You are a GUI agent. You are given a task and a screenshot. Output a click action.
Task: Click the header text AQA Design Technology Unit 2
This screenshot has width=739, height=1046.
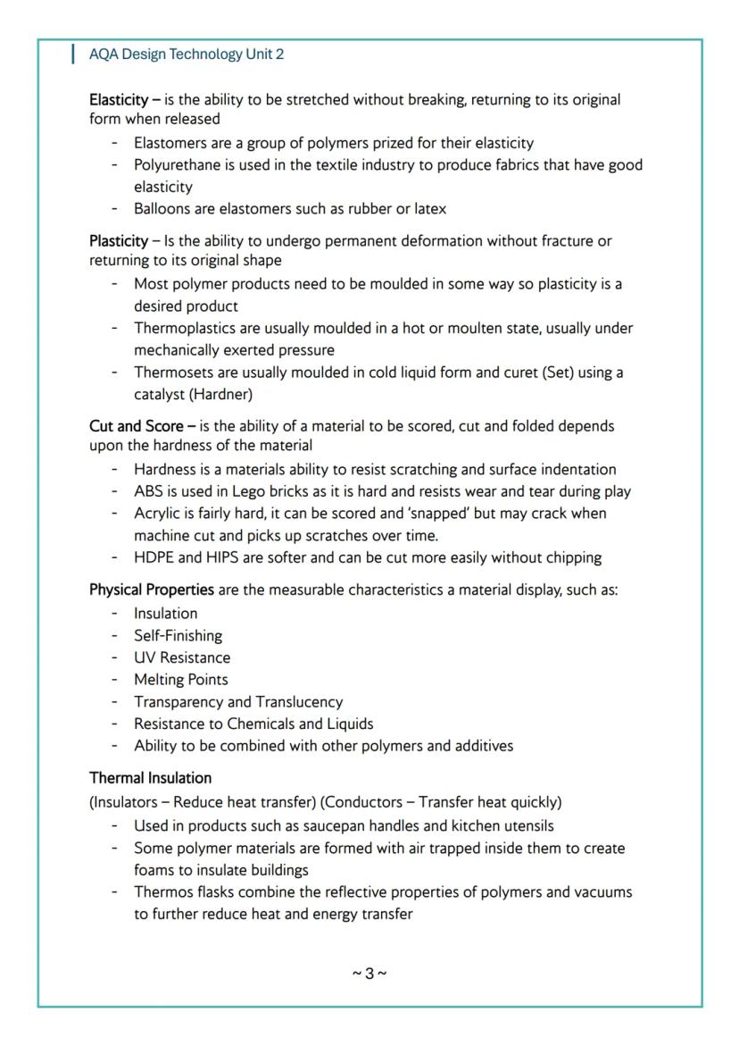pos(187,54)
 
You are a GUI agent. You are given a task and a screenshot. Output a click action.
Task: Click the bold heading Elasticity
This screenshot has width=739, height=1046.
pos(118,99)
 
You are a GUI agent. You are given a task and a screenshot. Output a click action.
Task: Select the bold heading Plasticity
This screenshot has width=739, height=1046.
pos(118,241)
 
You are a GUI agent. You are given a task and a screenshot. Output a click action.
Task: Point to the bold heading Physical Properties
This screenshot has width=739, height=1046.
pos(151,590)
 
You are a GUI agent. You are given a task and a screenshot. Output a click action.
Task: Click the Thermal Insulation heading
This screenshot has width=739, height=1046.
pos(150,778)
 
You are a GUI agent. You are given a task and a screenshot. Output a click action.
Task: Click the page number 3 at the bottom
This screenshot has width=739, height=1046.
pos(369,973)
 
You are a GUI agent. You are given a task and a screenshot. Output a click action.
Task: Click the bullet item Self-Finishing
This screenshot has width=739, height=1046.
pos(178,636)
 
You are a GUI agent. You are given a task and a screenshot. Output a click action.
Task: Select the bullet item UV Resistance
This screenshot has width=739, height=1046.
pos(181,657)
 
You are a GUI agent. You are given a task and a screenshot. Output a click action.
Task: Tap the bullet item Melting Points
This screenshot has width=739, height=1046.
pos(180,680)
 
